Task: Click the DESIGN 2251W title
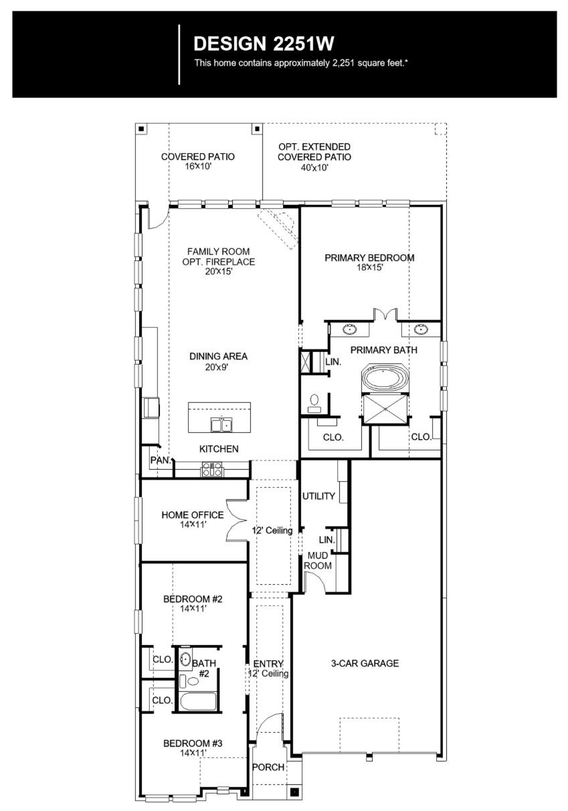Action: point(264,44)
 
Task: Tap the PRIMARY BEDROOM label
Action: point(369,258)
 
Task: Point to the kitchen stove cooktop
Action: point(212,470)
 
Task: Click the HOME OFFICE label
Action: point(193,515)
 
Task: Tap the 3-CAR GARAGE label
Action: point(365,664)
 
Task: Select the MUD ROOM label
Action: point(318,561)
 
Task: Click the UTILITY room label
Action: point(318,497)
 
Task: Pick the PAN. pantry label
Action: point(159,460)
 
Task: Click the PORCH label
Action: point(268,767)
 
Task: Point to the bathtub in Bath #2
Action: point(198,702)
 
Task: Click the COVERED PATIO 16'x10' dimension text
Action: point(198,166)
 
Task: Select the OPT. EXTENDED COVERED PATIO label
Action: point(314,152)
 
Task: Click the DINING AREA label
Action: point(218,357)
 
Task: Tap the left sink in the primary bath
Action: point(350,329)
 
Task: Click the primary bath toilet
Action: point(314,401)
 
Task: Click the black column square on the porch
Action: point(294,792)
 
